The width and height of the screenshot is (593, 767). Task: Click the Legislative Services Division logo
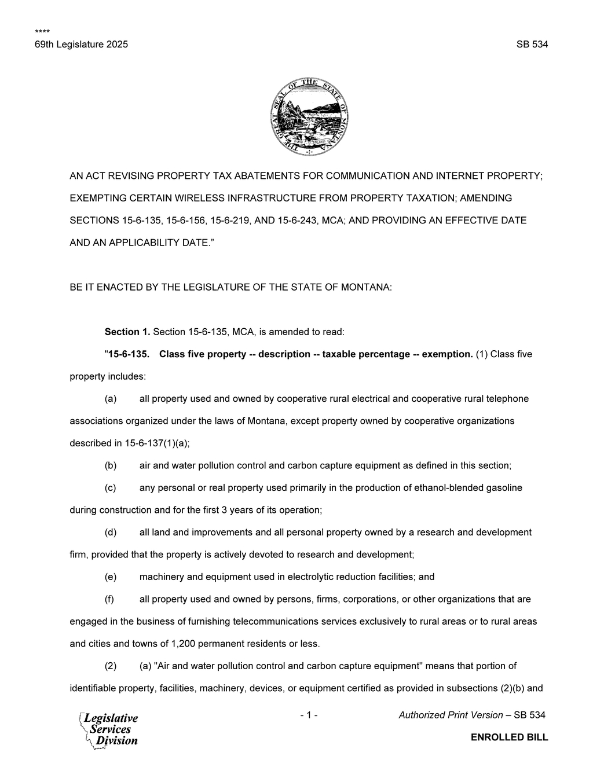[x=109, y=729]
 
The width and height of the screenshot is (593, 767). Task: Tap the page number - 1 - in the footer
[x=309, y=715]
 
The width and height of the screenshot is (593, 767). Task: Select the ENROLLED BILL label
[x=509, y=737]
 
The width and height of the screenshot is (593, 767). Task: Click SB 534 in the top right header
[x=532, y=45]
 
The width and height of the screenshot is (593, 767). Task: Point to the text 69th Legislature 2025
[x=81, y=45]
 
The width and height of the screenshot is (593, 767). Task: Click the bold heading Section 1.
[x=127, y=332]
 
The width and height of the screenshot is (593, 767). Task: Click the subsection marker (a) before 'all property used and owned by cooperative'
[x=111, y=399]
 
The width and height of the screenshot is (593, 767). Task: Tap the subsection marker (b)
[x=111, y=465]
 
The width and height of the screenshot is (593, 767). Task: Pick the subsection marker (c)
[x=111, y=488]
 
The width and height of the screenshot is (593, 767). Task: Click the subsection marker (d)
[x=111, y=533]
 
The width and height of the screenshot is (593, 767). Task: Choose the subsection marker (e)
[x=111, y=577]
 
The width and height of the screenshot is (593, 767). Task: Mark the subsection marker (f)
[x=110, y=599]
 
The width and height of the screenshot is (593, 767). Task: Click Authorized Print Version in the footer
[x=451, y=715]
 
